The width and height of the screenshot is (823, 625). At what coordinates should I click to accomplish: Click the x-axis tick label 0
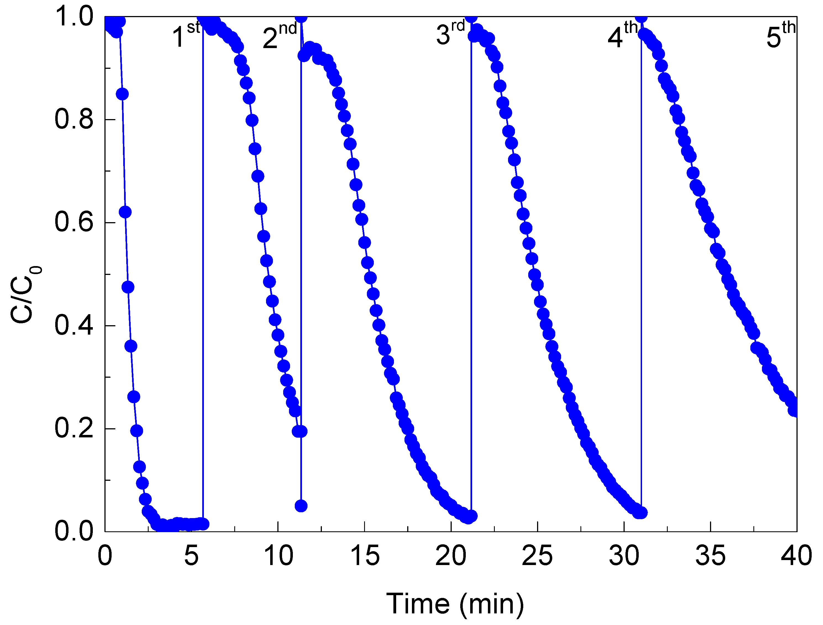[105, 556]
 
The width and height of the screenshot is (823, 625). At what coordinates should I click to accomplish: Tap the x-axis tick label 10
[278, 556]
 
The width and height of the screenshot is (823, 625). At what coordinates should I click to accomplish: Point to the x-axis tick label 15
[365, 556]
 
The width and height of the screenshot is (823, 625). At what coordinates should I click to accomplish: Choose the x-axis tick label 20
[451, 556]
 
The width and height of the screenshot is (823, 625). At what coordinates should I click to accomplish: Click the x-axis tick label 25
[537, 556]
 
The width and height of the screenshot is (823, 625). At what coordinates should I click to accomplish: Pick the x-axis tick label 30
[624, 556]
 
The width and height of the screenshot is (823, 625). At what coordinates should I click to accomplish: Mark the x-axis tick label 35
[710, 556]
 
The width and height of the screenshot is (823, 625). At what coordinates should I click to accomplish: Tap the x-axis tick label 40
[796, 556]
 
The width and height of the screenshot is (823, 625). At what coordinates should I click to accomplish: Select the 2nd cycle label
[279, 36]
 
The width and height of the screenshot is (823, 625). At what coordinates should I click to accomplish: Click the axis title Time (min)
[455, 603]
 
